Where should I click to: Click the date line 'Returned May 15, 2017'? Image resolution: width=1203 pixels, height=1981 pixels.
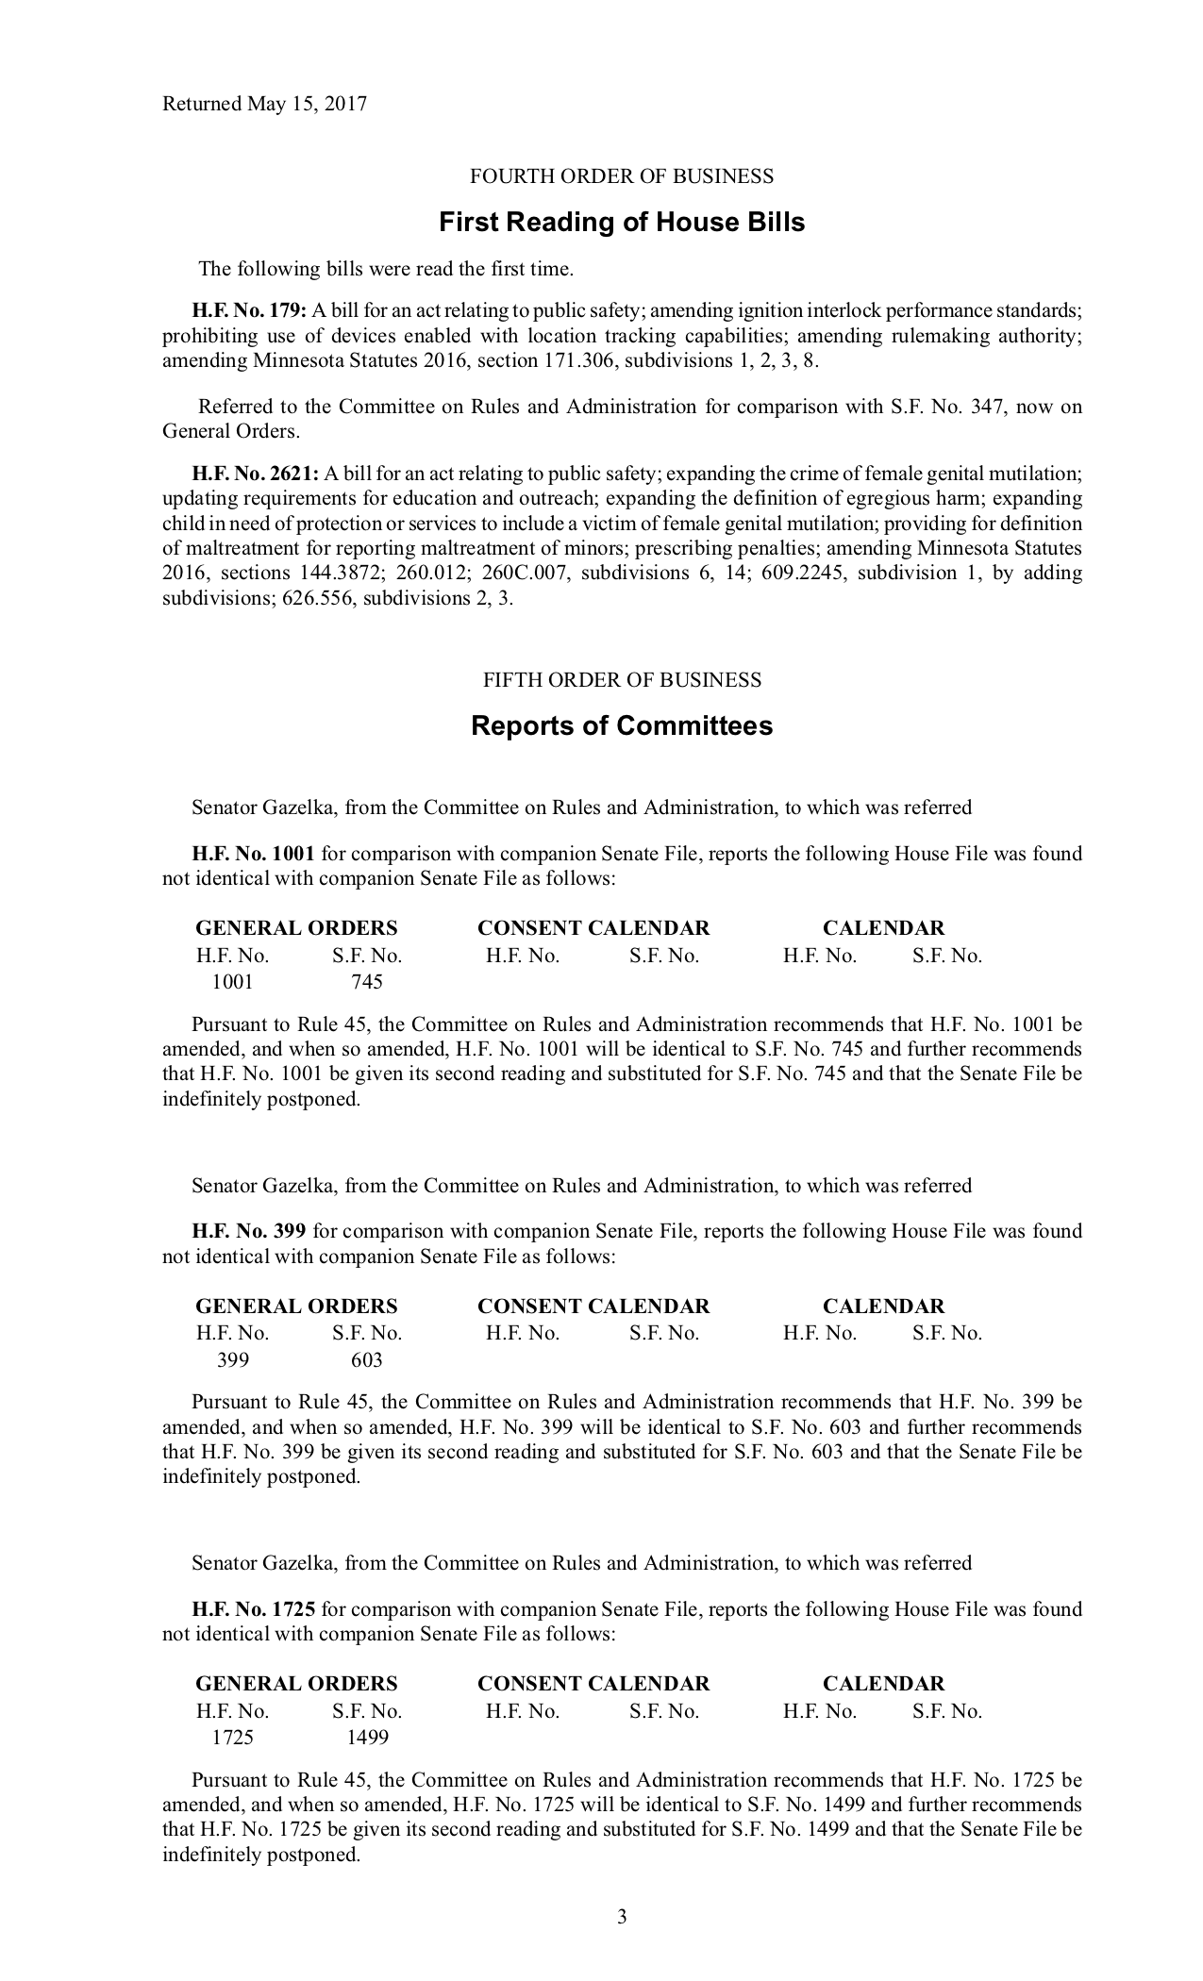(264, 104)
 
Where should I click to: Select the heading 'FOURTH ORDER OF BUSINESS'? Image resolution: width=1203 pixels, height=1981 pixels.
(622, 176)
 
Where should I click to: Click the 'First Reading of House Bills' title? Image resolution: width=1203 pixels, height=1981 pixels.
(622, 223)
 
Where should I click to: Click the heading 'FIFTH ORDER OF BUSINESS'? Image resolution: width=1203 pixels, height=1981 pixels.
(622, 680)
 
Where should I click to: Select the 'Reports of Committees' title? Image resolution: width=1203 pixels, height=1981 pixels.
(622, 726)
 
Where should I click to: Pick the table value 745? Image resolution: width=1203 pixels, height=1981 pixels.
(367, 982)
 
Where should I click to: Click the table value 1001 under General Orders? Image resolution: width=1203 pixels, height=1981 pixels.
(232, 982)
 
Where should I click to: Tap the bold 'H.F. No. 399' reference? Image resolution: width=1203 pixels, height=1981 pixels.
(248, 1232)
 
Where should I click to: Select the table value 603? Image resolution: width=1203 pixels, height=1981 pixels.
(367, 1360)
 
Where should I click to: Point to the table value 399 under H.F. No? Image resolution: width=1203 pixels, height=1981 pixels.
(233, 1360)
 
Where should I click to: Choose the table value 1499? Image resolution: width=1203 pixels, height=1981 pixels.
(367, 1738)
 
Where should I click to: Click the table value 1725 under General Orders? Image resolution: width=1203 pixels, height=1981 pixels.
(232, 1738)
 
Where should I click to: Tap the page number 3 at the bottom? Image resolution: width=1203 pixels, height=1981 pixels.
(622, 1916)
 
